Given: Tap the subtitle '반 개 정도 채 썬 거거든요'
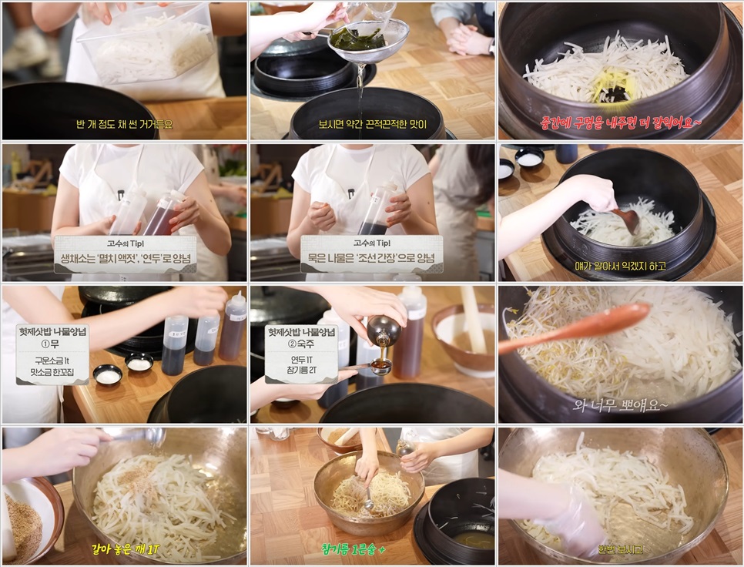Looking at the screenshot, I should pyautogui.click(x=125, y=123).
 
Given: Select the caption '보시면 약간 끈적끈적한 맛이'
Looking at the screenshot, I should pyautogui.click(x=372, y=123).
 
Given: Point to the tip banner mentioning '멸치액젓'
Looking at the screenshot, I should pyautogui.click(x=125, y=255).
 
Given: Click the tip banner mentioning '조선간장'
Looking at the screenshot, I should pyautogui.click(x=371, y=255).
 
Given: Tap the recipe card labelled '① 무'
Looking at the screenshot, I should pyautogui.click(x=52, y=354).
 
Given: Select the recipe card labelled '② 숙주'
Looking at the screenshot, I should pyautogui.click(x=301, y=354).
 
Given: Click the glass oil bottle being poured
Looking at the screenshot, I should pyautogui.click(x=383, y=330).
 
